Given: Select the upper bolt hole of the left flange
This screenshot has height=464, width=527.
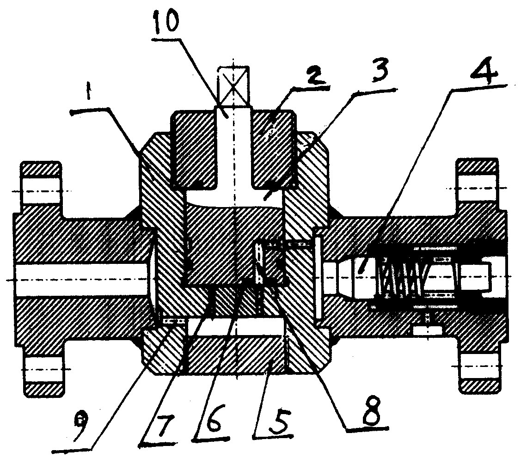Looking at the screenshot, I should coord(40,191).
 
